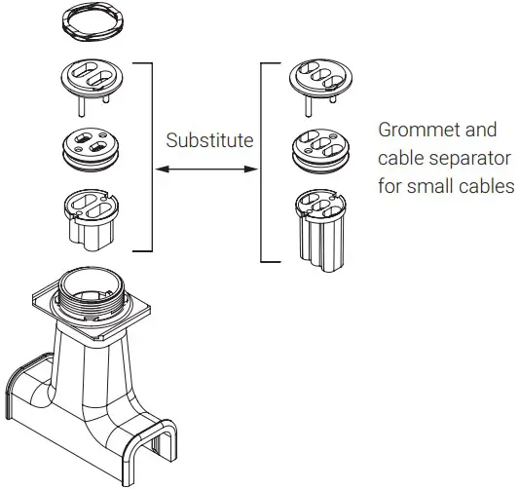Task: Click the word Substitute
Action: tap(208, 140)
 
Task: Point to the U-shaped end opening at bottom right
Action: tap(157, 444)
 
